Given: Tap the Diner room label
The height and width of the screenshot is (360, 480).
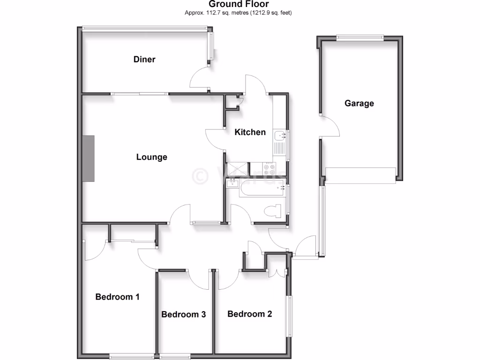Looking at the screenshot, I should [144, 60].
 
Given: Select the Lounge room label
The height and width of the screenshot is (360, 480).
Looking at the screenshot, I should [151, 157].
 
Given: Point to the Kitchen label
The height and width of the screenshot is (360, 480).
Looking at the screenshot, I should [250, 132].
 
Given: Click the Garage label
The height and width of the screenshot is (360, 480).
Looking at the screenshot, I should [359, 103].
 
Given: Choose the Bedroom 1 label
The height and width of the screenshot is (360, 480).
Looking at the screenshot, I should [117, 297].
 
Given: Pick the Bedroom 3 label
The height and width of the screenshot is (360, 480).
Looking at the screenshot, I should [183, 314].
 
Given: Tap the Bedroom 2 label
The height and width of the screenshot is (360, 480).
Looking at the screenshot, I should [249, 314].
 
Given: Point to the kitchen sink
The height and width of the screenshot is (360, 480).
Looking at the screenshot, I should [281, 136].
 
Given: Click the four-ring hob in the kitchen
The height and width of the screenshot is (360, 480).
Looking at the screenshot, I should [270, 168].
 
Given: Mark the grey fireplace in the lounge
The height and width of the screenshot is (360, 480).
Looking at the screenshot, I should [89, 158].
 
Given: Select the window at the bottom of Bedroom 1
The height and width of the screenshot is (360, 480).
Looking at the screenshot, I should [131, 356].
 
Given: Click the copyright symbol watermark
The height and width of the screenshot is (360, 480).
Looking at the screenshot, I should [201, 175].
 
